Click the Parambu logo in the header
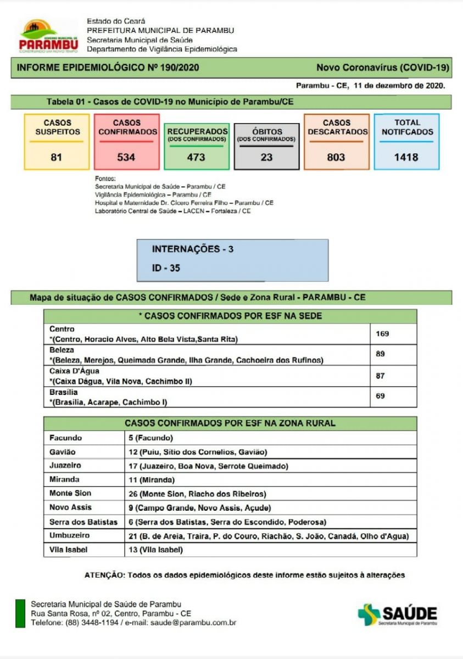(x=48, y=37)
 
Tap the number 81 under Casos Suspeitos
(x=56, y=157)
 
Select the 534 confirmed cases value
(x=126, y=157)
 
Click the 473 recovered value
(x=196, y=157)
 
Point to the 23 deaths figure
(x=266, y=157)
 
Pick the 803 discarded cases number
(x=336, y=157)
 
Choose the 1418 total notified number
(x=406, y=157)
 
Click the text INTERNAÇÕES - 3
(x=192, y=249)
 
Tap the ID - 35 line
(x=166, y=269)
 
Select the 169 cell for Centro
(x=382, y=333)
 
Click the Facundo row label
(x=65, y=438)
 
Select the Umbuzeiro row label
(x=69, y=535)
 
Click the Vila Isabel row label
(x=69, y=549)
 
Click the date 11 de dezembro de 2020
(x=399, y=86)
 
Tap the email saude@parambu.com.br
(x=193, y=622)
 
